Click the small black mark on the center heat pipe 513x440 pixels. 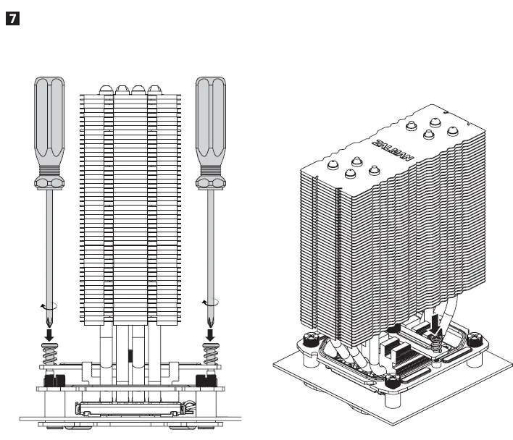[x=130, y=356]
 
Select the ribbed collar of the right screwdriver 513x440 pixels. [x=211, y=176]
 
